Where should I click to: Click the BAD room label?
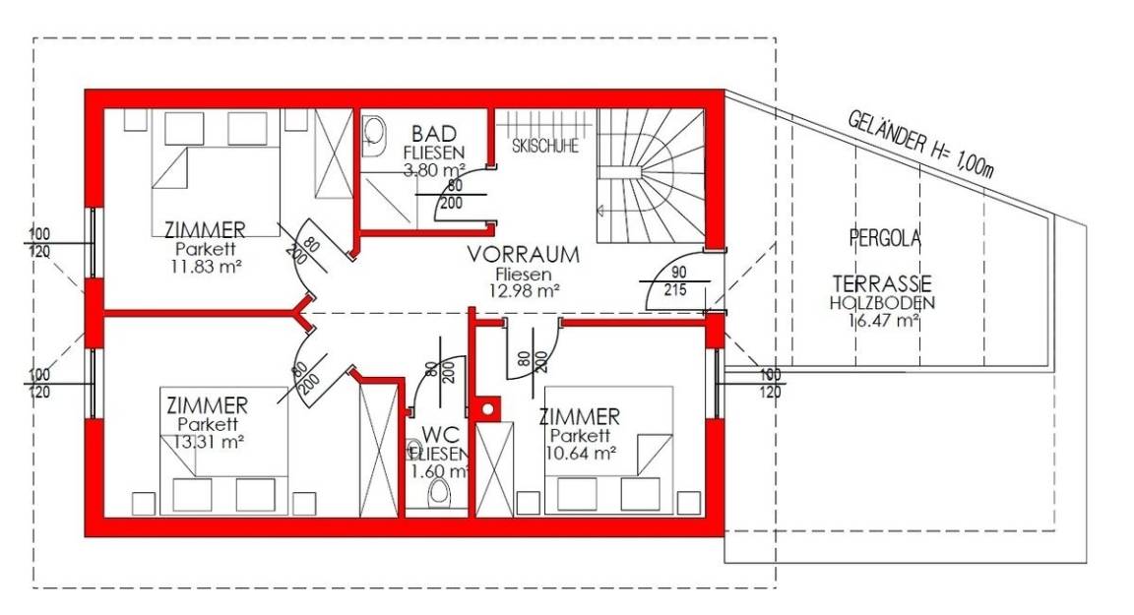coord(434,134)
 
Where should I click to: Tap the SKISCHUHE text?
coord(545,146)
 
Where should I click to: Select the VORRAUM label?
coord(523,255)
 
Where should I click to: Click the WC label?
coord(440,435)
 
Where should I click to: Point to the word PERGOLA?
coord(885,238)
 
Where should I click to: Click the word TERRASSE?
coord(882,283)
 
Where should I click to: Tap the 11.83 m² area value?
coord(206,266)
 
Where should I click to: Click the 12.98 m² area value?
coord(524,290)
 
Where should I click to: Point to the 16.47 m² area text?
coord(883,320)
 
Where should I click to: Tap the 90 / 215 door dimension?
coord(677,281)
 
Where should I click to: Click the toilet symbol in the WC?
coord(438,494)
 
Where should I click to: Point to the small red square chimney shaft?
coord(488,409)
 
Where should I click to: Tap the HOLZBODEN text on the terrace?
coord(882,303)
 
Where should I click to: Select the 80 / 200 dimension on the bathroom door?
coord(452,195)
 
